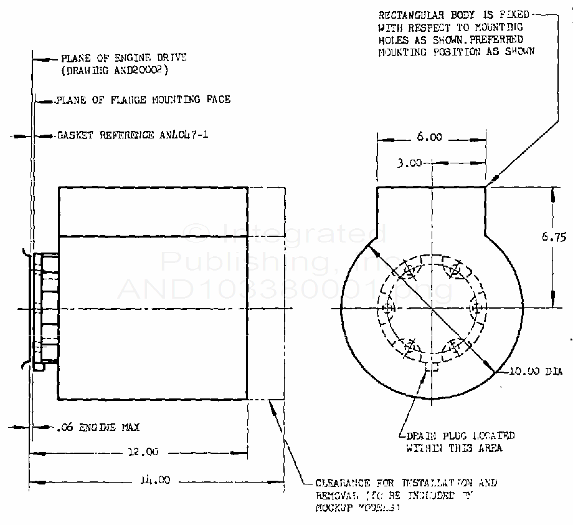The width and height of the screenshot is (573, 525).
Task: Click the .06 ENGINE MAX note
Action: [97, 428]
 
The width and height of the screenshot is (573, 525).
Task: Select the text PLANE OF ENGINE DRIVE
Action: [123, 58]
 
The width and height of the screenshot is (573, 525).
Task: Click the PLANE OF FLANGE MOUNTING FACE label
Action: [143, 99]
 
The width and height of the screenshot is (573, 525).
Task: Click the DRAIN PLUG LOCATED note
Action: [460, 436]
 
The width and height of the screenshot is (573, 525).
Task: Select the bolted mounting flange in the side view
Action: [45, 309]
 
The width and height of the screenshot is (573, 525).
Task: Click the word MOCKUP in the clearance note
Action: [333, 508]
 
